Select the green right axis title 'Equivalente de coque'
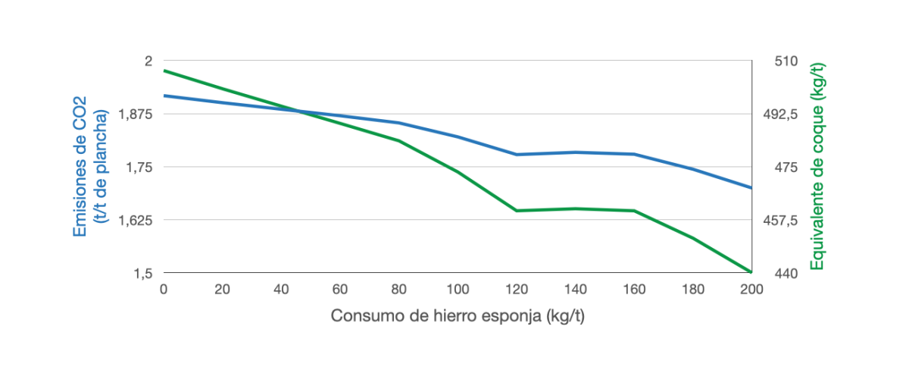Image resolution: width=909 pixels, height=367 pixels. pos(817,166)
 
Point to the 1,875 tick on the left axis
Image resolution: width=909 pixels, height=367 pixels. pos(137,114)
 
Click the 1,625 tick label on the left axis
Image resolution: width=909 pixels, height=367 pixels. pos(137,220)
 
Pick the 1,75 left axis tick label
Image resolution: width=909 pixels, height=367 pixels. pos(141,167)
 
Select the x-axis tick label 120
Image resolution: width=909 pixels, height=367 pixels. pos(516,289)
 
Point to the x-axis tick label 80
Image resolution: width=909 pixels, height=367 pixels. pos(398,289)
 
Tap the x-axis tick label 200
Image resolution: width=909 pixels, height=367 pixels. pos(751,289)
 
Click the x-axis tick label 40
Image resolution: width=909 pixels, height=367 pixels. pos(281,289)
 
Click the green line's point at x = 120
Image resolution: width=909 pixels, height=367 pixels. pos(516,210)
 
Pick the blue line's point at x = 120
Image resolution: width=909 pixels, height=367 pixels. pos(516,155)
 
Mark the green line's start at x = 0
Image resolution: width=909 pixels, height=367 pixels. pos(164,71)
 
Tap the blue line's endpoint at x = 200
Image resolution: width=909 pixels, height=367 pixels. pos(751,187)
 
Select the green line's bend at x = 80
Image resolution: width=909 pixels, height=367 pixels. pos(398,140)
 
